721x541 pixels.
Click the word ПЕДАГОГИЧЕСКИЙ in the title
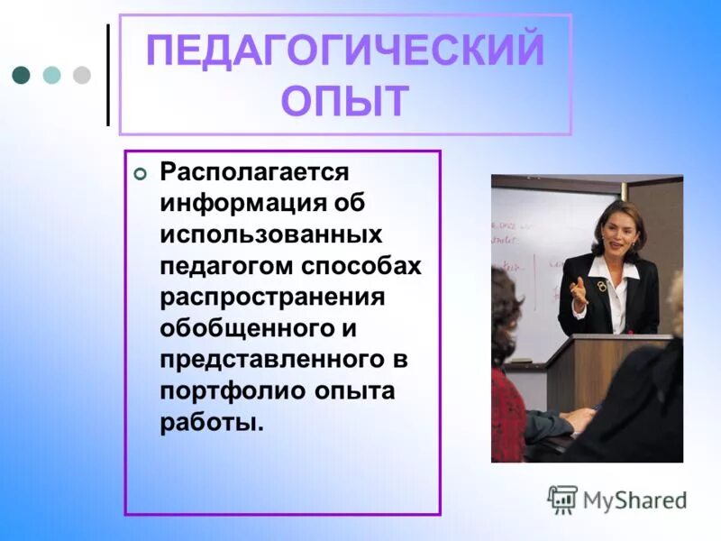pyautogui.click(x=345, y=50)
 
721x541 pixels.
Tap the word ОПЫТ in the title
pyautogui.click(x=345, y=101)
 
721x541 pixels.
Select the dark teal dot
pyautogui.click(x=22, y=75)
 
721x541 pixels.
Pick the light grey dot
pyautogui.click(x=81, y=75)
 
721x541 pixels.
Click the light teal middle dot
pyautogui.click(x=51, y=75)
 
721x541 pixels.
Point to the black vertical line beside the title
pyautogui.click(x=108, y=75)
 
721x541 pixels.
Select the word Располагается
pyautogui.click(x=253, y=171)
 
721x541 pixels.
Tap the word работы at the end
pyautogui.click(x=212, y=424)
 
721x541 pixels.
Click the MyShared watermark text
pyautogui.click(x=634, y=500)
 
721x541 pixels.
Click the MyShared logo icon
pyautogui.click(x=562, y=499)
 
